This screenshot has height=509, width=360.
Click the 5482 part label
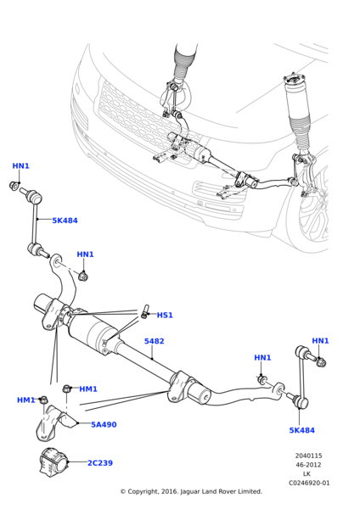[154, 341]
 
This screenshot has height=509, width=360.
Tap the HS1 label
[165, 316]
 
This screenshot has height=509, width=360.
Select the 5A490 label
[104, 425]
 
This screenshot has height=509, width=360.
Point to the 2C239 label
[100, 463]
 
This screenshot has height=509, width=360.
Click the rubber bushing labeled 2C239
[53, 462]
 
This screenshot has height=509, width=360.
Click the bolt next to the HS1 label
[145, 310]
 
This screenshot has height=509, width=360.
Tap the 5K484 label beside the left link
[65, 221]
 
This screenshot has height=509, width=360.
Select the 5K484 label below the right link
[302, 430]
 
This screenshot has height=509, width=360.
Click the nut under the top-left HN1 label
[14, 187]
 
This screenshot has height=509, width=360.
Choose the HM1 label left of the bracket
[25, 400]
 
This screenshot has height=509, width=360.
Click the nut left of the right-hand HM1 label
[66, 388]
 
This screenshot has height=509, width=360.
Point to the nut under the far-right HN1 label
[321, 362]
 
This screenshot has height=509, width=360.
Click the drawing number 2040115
[308, 456]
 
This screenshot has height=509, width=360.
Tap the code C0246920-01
[309, 483]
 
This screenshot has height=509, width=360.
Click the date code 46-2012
[308, 465]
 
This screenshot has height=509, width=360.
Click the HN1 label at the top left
[20, 166]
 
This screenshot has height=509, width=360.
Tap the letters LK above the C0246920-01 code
[307, 474]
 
